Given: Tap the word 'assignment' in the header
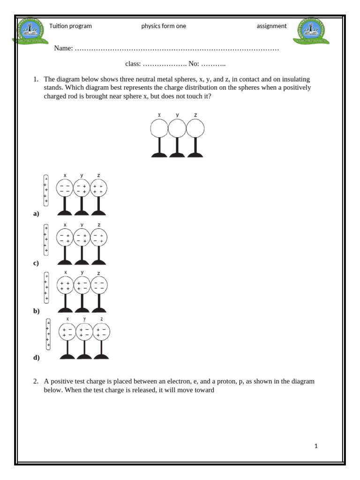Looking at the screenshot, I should [271, 26].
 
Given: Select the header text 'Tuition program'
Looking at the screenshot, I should [70, 26].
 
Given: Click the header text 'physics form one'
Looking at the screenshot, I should [164, 26].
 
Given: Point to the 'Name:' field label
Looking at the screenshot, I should [63, 48].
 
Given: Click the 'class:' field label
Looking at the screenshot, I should [133, 64].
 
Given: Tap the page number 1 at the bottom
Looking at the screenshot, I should [316, 446].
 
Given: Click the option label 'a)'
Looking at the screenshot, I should [36, 214].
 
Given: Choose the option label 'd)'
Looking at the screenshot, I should [36, 358].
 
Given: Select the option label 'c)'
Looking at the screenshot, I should [36, 263].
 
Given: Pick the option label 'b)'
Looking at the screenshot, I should [36, 311].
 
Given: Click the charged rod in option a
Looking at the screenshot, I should [46, 190].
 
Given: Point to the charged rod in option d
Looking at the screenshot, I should [48, 334].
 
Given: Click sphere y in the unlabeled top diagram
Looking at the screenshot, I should [177, 128].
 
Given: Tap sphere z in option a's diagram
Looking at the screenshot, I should [98, 188].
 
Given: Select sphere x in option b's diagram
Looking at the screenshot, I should [65, 285].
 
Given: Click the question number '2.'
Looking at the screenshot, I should [36, 382].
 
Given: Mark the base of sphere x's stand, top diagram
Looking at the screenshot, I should [159, 155].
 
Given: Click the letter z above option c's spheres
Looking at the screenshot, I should [99, 225].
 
